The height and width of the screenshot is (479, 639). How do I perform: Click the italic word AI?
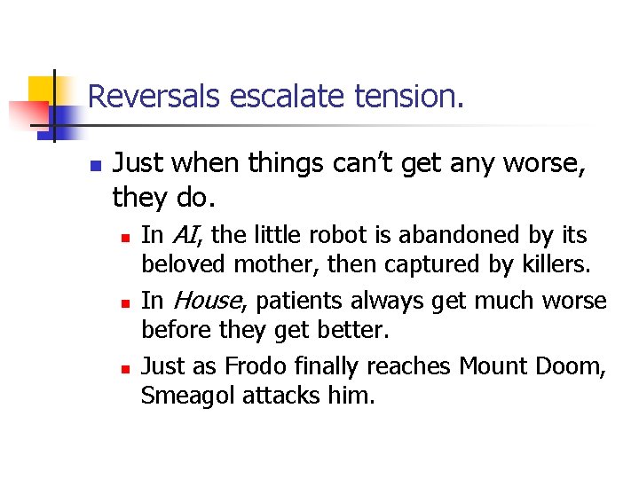point(184,235)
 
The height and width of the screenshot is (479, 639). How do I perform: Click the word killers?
point(558,264)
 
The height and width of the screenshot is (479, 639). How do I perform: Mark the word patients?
point(289,301)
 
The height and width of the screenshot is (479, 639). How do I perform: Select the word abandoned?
point(441,235)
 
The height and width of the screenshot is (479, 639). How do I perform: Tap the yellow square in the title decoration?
point(43,90)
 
